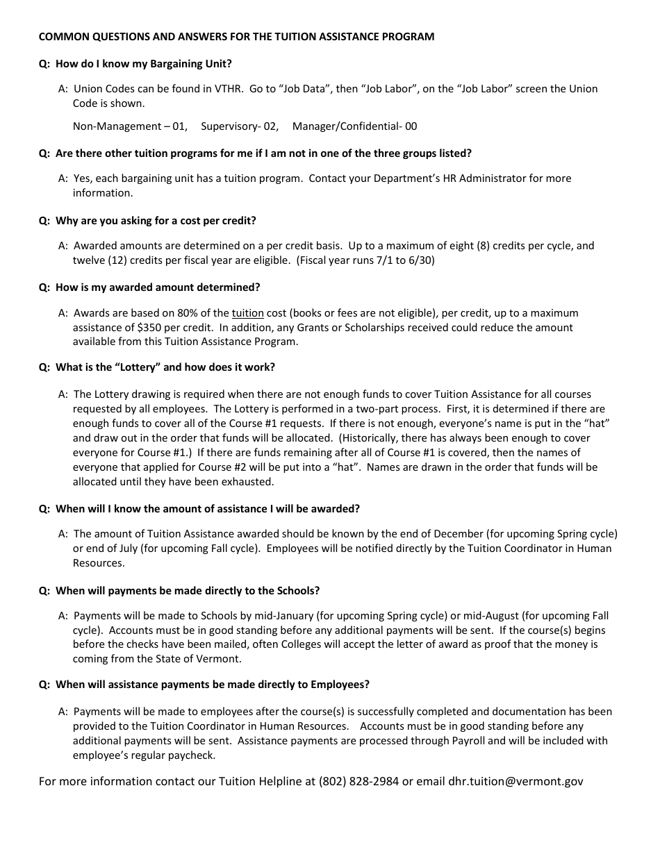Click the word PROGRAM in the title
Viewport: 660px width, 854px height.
[x=409, y=37]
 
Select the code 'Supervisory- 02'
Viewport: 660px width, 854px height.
[x=240, y=126]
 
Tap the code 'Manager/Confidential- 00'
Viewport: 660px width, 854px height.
[x=354, y=126]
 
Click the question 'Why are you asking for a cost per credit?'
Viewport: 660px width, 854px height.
[x=156, y=221]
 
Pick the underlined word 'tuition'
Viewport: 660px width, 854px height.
[x=247, y=313]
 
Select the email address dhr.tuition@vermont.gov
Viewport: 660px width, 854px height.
[x=515, y=781]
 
